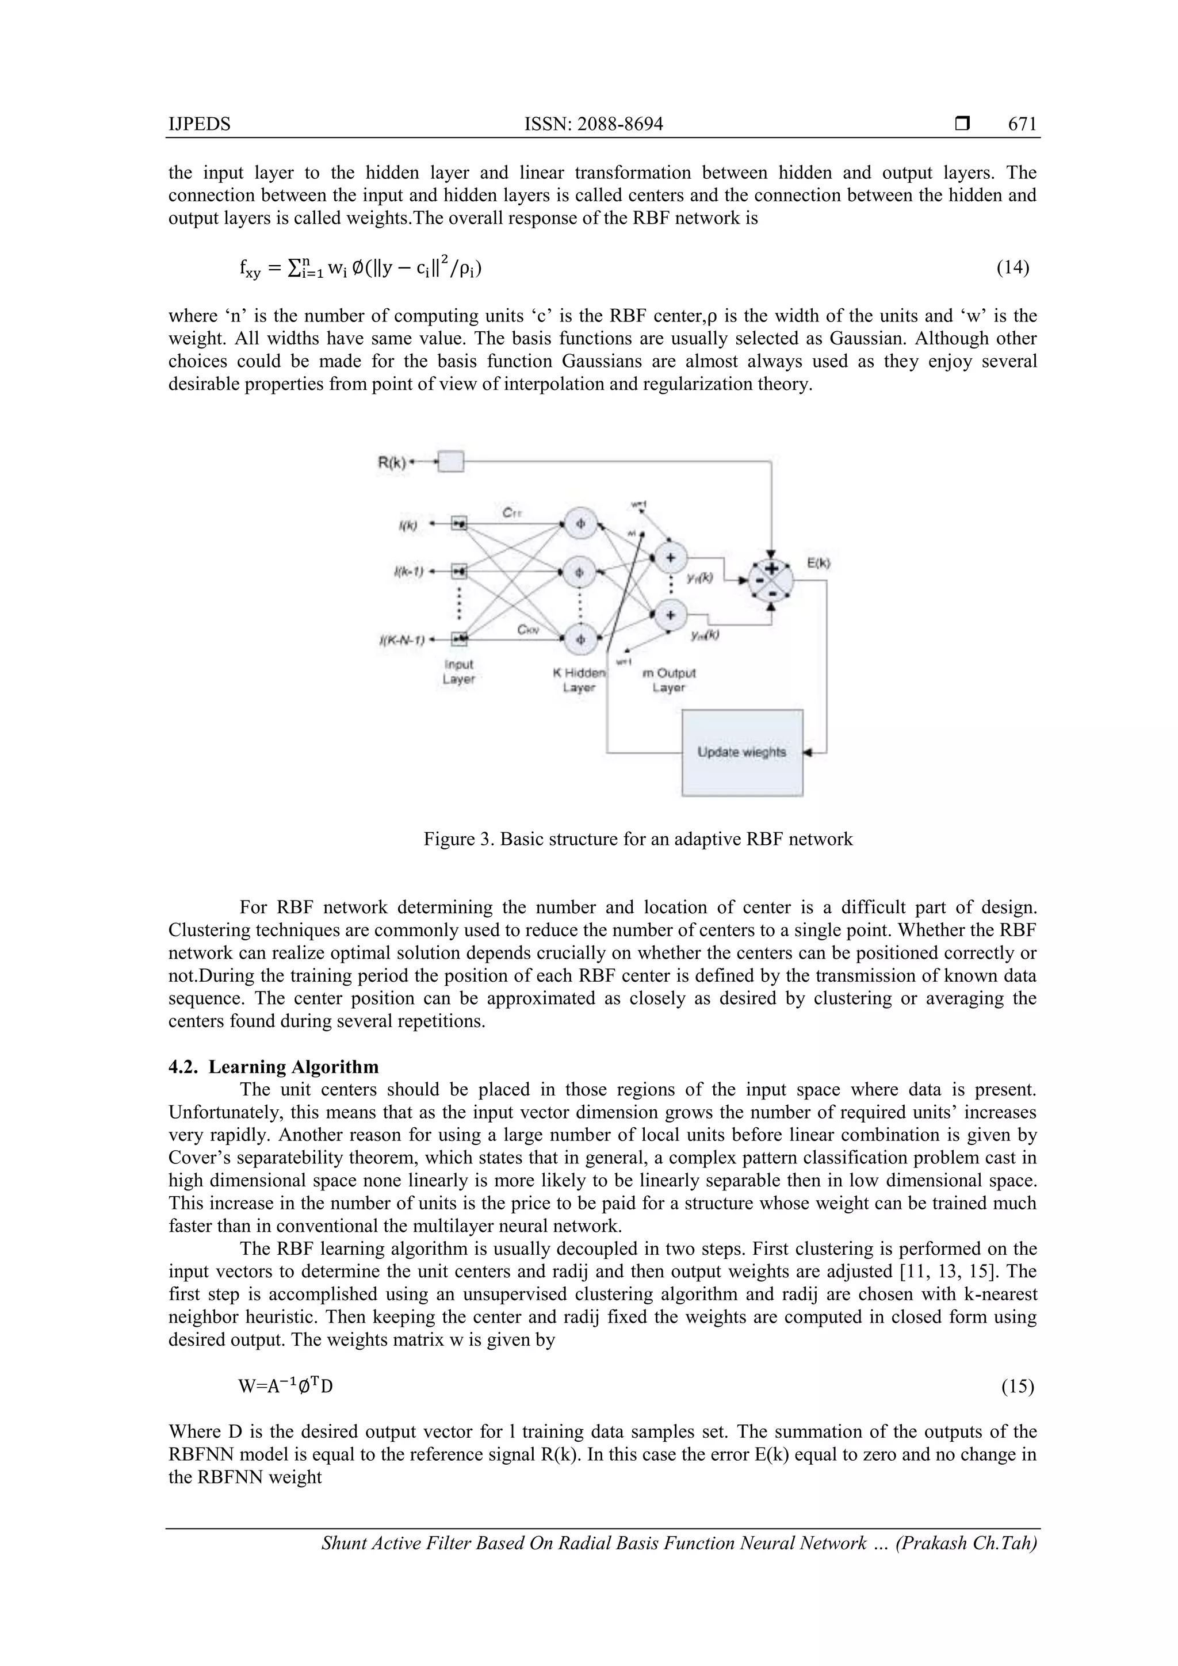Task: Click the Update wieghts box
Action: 742,752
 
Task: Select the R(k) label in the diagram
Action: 392,461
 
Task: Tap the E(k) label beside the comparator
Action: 819,562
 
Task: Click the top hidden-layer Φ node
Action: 579,524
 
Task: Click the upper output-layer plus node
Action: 670,557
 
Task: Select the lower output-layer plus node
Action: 670,615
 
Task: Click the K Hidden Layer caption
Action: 579,680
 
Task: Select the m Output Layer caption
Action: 668,680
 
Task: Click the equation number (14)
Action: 1012,268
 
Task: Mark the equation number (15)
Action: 1017,1387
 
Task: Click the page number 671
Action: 1022,124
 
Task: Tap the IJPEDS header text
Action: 200,124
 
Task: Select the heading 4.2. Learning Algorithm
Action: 274,1067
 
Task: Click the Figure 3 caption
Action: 638,840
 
